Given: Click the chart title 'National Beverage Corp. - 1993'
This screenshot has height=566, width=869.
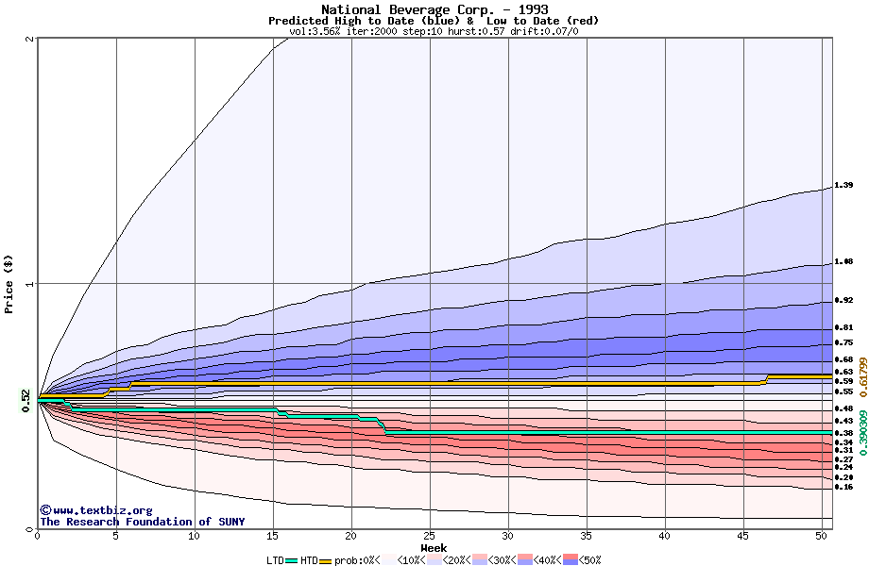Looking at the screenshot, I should click(x=434, y=9).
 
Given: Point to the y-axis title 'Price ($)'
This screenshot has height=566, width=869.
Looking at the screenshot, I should click(x=9, y=283).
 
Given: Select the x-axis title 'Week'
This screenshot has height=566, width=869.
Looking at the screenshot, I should click(x=434, y=547).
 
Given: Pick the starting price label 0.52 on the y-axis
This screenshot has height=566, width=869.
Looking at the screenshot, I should click(x=26, y=401).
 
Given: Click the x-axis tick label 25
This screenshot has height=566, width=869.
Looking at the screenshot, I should click(x=430, y=536).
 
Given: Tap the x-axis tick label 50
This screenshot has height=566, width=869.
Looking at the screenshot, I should click(x=822, y=536).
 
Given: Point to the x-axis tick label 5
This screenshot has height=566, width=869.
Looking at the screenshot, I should click(x=116, y=536).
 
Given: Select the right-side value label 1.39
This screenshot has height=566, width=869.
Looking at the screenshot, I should click(x=844, y=186).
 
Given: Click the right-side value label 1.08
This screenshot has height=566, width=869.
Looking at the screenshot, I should click(x=844, y=262).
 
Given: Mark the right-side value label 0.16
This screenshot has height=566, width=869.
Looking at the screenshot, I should click(x=844, y=488).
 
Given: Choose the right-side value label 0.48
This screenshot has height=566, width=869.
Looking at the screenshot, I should click(x=844, y=408).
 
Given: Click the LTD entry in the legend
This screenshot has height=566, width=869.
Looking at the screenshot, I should click(x=276, y=559).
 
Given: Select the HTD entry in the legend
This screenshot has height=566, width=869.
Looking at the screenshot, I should click(x=309, y=559).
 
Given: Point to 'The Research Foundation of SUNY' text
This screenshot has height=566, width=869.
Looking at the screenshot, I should click(x=142, y=522).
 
